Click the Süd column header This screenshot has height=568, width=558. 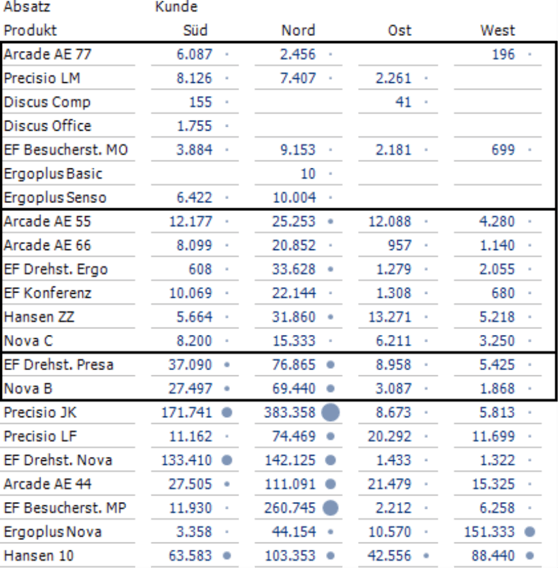pyautogui.click(x=195, y=31)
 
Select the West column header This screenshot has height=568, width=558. pyautogui.click(x=497, y=31)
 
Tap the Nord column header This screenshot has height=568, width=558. pyautogui.click(x=298, y=31)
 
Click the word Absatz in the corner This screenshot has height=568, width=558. pyautogui.click(x=27, y=7)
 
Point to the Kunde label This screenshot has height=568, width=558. pyautogui.click(x=176, y=7)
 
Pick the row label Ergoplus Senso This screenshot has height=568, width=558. pyautogui.click(x=55, y=197)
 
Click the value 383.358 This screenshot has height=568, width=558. pyautogui.click(x=290, y=413)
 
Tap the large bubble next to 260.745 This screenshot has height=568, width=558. pyautogui.click(x=331, y=508)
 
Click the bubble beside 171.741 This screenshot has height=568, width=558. pyautogui.click(x=227, y=413)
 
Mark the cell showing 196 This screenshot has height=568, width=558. pyautogui.click(x=503, y=54)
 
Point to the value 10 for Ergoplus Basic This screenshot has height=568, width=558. pyautogui.click(x=308, y=174)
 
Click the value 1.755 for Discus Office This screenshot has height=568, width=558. pyautogui.click(x=195, y=126)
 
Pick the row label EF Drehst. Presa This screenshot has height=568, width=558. pyautogui.click(x=58, y=365)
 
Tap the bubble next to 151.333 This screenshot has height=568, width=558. pyautogui.click(x=529, y=532)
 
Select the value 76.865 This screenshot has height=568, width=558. pyautogui.click(x=294, y=365)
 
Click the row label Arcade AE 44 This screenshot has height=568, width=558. pyautogui.click(x=48, y=484)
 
